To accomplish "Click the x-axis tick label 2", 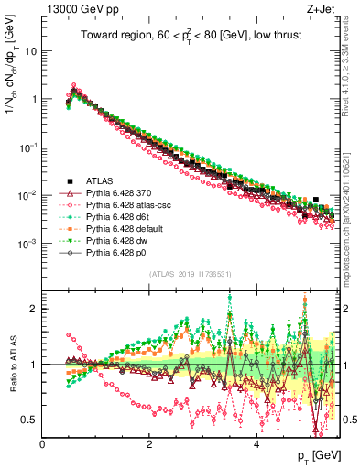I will [x=150, y=444].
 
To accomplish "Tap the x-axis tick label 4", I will [x=257, y=444].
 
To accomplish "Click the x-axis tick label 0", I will [x=43, y=444].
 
